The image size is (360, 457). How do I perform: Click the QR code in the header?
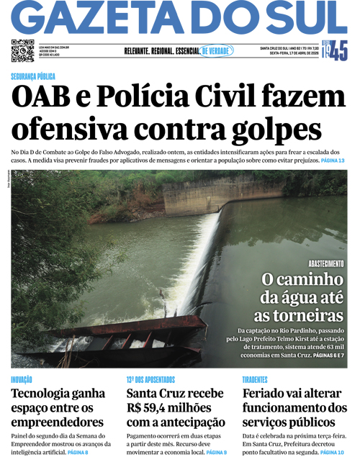point(22,51)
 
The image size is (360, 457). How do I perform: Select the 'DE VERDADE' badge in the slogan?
point(216,51)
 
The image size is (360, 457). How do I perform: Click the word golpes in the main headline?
point(277,129)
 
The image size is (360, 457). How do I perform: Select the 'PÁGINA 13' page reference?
point(332,160)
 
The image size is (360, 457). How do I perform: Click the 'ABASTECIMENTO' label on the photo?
point(326,264)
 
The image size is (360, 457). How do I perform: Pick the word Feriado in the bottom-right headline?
point(267,394)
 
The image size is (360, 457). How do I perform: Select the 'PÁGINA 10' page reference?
point(331,451)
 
